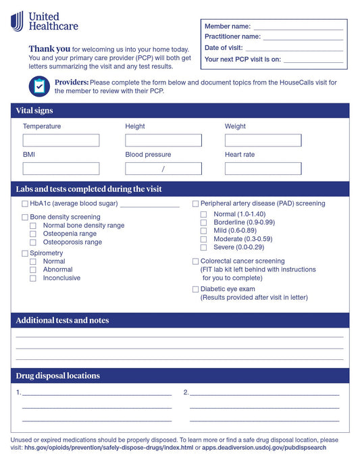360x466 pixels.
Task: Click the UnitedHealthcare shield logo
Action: click(x=17, y=21)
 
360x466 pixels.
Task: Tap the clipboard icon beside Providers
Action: click(x=39, y=86)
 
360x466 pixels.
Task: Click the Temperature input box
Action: click(x=61, y=140)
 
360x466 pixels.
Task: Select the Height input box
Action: click(x=163, y=140)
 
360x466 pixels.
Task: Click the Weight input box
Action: click(x=263, y=140)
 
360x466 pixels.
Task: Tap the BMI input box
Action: click(x=61, y=169)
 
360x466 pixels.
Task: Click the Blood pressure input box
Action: click(x=163, y=169)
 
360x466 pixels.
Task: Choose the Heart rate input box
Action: click(x=263, y=169)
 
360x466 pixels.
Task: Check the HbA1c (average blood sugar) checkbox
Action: click(x=25, y=203)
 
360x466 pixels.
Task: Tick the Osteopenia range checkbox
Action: click(x=33, y=234)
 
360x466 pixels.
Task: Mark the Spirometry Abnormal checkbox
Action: click(x=33, y=269)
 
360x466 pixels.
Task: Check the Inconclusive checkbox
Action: click(x=33, y=278)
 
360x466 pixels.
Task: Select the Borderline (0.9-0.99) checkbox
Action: click(x=203, y=222)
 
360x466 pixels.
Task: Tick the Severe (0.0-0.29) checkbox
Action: click(x=203, y=247)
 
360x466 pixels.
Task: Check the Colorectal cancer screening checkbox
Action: click(x=195, y=261)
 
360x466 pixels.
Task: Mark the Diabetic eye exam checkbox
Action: click(x=195, y=289)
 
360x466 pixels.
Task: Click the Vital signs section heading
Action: click(x=34, y=111)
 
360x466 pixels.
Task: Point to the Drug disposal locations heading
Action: click(x=57, y=376)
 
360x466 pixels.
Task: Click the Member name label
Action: click(x=228, y=26)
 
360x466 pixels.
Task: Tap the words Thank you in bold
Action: click(x=49, y=49)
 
